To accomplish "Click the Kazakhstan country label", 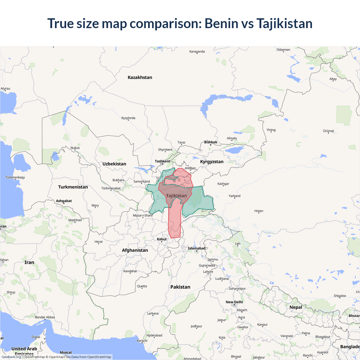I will click(140, 77).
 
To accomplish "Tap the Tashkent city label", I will click(162, 161).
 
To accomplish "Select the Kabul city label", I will click(162, 239).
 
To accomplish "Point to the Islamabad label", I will click(197, 248).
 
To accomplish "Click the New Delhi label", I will click(234, 302).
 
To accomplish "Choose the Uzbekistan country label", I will click(114, 164).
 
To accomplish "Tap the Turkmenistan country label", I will click(73, 187).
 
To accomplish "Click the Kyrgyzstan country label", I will click(212, 161).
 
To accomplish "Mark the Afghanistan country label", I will click(135, 250).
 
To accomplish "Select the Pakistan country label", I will click(180, 287).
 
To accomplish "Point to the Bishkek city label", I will click(211, 142).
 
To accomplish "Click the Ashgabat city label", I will click(64, 201).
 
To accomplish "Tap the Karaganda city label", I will click(197, 51).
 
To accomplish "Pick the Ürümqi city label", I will click(328, 131).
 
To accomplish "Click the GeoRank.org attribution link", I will click(11, 357).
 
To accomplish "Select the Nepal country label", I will click(296, 307).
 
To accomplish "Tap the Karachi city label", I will click(142, 341).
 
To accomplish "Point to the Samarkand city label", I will click(141, 181).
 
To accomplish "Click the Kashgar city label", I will click(223, 184).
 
